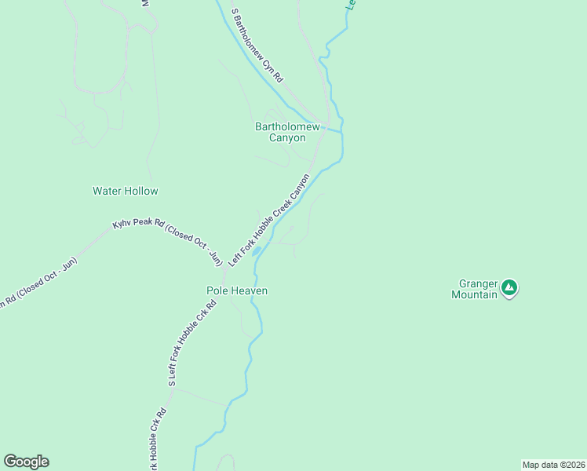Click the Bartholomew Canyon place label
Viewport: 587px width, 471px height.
(287, 132)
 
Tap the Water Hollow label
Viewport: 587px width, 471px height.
(125, 191)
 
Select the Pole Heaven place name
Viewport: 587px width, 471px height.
(237, 290)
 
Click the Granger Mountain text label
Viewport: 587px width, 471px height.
(475, 289)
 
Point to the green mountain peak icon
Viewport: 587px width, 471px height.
(510, 288)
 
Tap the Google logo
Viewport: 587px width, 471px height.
(26, 462)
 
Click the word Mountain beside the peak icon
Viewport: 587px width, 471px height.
(474, 294)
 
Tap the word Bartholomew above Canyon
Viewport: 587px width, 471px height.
(287, 126)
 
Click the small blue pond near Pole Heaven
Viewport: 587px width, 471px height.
(257, 251)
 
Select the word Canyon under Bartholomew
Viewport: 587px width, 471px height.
(287, 138)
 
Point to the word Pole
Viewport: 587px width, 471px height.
(217, 290)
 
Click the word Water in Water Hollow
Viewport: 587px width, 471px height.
(107, 191)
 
